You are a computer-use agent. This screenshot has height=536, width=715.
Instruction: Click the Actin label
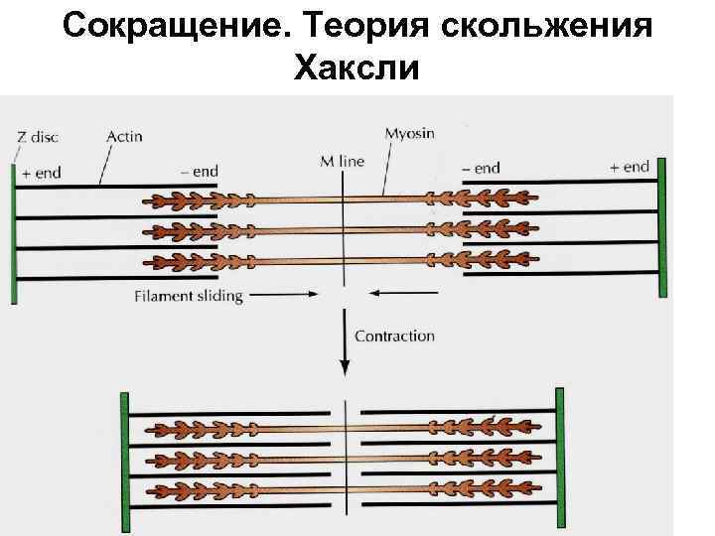(x=125, y=136)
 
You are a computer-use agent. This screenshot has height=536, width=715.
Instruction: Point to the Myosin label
(x=409, y=131)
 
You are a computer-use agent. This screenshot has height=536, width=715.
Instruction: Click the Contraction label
(x=395, y=335)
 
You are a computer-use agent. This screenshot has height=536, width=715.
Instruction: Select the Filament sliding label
(x=188, y=296)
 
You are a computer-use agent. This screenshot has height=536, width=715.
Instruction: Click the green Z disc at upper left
(x=14, y=232)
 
